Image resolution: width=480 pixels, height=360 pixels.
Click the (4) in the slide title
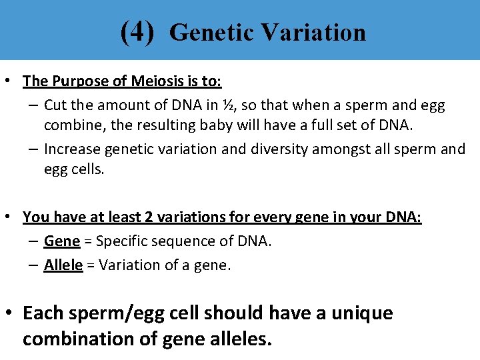137,31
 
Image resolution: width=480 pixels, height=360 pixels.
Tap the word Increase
71,149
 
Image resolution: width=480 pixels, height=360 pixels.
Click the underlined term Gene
62,241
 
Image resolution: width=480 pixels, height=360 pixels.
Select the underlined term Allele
63,265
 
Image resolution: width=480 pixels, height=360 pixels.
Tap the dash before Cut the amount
33,105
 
